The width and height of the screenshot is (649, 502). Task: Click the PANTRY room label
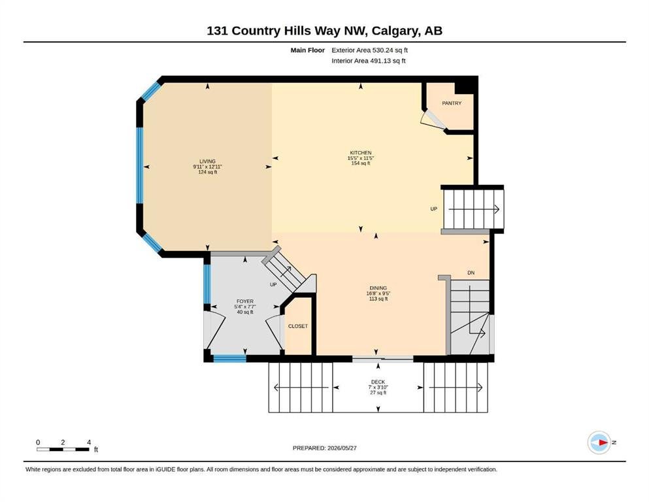coord(452,103)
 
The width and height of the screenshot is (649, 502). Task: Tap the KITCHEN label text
coord(361,153)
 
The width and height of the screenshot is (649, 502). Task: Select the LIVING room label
coord(207,161)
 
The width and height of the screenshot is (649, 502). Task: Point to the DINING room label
coord(378,288)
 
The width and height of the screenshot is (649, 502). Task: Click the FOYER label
coord(245,301)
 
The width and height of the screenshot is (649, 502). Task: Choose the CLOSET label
coord(298,326)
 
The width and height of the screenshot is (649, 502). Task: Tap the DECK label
coord(378,382)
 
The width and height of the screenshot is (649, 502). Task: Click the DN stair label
coord(471,273)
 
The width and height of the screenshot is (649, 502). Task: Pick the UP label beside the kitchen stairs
coord(434,209)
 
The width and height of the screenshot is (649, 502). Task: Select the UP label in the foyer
coord(273,285)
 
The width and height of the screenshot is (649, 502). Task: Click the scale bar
coord(63,449)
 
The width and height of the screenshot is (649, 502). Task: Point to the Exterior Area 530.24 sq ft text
coord(370,50)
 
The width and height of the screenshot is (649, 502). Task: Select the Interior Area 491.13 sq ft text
coord(369,61)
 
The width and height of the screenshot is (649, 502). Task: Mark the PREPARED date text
coord(324,448)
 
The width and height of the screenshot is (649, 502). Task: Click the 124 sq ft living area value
coord(207,172)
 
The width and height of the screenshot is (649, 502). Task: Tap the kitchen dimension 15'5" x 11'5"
coord(361,158)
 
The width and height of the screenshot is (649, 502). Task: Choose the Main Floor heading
coord(308,50)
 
